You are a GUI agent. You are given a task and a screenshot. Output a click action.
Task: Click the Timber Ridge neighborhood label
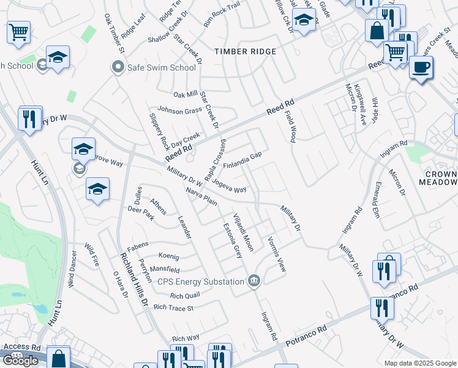pyautogui.click(x=245, y=52)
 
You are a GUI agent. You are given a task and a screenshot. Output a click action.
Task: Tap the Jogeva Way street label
pyautogui.click(x=230, y=186)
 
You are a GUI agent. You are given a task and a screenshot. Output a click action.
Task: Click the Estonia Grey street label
pyautogui.click(x=232, y=240)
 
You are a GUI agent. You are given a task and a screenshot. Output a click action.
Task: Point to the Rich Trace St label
pyautogui.click(x=173, y=307)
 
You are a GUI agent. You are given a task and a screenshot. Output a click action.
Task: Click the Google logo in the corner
pyautogui.click(x=20, y=360)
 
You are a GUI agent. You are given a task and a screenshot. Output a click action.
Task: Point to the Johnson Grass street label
pyautogui.click(x=180, y=110)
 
